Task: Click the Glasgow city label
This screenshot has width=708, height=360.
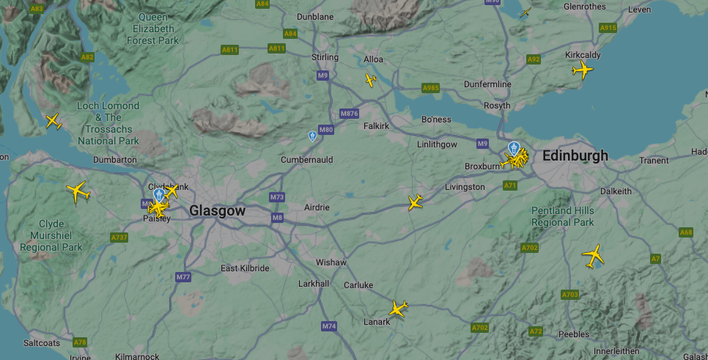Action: click(x=217, y=211)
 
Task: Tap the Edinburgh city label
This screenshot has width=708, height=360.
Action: click(x=575, y=155)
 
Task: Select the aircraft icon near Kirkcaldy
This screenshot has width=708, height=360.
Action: click(x=583, y=70)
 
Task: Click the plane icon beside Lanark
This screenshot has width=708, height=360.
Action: click(x=398, y=309)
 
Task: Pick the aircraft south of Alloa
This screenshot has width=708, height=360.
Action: click(x=371, y=80)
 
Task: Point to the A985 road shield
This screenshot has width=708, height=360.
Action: click(x=430, y=88)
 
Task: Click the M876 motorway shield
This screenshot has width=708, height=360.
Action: click(x=349, y=113)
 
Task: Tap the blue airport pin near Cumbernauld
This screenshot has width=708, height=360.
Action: click(x=313, y=136)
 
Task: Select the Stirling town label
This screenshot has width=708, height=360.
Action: click(x=325, y=57)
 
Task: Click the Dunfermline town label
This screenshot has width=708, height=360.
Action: click(x=487, y=84)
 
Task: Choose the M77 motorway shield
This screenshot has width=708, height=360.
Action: click(x=183, y=277)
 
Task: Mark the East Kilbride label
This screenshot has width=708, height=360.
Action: click(x=245, y=268)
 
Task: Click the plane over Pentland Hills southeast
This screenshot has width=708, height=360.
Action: click(x=593, y=256)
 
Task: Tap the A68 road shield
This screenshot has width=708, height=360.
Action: click(x=685, y=232)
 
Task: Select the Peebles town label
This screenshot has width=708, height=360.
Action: click(x=573, y=334)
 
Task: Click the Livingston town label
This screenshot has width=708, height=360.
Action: click(x=465, y=187)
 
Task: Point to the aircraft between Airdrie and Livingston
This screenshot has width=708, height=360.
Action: click(x=416, y=202)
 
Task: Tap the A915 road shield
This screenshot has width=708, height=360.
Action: click(x=608, y=28)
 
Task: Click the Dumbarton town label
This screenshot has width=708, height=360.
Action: click(x=115, y=159)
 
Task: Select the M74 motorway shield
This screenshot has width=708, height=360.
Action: click(x=329, y=326)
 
